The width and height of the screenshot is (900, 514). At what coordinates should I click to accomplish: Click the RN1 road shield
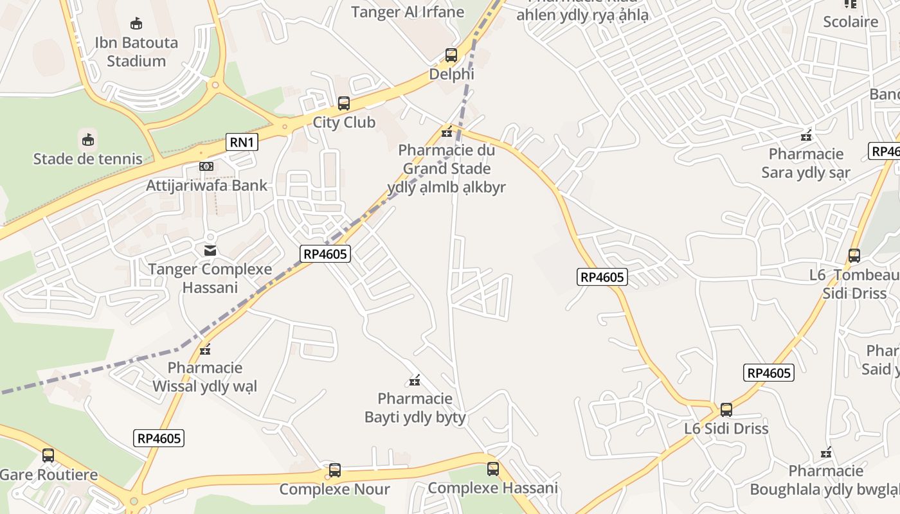point(242,142)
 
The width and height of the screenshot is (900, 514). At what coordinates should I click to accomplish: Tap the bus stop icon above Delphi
point(451,55)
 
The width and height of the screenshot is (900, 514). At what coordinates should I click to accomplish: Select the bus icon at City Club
point(344,103)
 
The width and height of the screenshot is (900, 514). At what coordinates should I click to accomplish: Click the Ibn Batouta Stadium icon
point(136,24)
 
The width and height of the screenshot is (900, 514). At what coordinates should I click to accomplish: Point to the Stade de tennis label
point(88,159)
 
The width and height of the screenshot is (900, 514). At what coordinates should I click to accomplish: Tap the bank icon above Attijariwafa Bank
point(206,166)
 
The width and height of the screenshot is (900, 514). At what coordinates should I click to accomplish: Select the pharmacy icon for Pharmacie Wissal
point(205,350)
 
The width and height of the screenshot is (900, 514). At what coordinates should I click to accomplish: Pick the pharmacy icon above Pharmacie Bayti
point(415,381)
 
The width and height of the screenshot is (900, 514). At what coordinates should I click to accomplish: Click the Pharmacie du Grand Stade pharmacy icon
point(447,132)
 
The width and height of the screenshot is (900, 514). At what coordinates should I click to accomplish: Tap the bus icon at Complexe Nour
point(335,470)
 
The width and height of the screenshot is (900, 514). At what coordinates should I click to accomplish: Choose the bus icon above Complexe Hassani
point(493,469)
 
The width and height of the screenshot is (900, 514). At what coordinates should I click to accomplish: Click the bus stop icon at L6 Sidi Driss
point(726,409)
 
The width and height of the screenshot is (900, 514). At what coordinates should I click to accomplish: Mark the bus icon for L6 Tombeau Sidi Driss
point(854,256)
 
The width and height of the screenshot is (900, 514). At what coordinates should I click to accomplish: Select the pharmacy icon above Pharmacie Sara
point(806,136)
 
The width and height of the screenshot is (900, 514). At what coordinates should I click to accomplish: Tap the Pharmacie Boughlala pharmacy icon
point(826,453)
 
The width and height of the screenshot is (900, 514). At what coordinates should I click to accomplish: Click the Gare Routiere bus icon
point(48,456)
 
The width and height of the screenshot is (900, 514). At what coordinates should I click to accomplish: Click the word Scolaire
point(851,22)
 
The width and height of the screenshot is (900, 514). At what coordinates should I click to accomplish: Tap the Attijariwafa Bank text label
point(206,186)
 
